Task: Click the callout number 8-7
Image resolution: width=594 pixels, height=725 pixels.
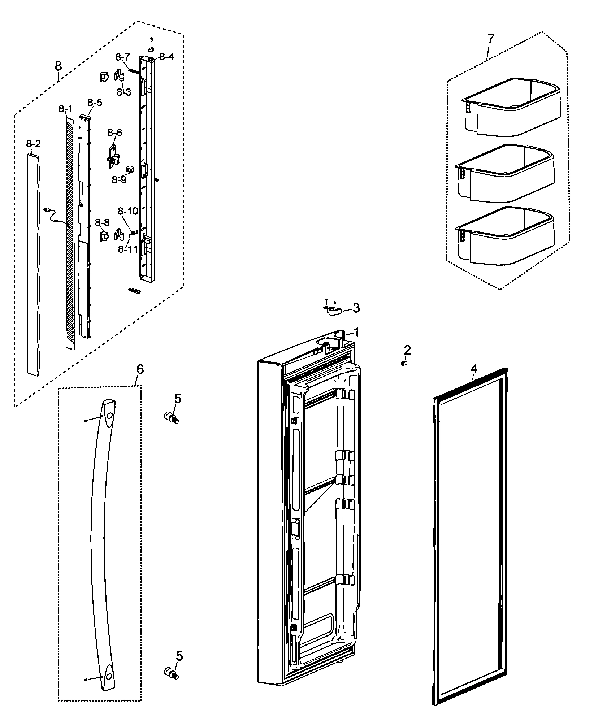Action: pyautogui.click(x=122, y=57)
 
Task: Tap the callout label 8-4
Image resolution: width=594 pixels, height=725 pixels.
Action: pyautogui.click(x=166, y=57)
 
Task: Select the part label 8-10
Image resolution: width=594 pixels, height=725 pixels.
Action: pyautogui.click(x=128, y=211)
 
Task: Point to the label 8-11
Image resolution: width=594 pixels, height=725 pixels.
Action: pyautogui.click(x=128, y=249)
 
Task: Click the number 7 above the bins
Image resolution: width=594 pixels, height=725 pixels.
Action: pyautogui.click(x=491, y=39)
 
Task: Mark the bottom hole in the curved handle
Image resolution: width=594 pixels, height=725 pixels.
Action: pyautogui.click(x=108, y=674)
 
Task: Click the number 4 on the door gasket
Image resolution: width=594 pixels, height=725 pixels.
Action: pyautogui.click(x=473, y=369)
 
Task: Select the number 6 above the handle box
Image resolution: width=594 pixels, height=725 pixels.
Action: pyautogui.click(x=140, y=369)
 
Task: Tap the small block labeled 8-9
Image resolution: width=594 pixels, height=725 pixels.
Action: pyautogui.click(x=130, y=169)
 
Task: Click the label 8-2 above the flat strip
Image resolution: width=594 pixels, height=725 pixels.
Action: pyautogui.click(x=33, y=144)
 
